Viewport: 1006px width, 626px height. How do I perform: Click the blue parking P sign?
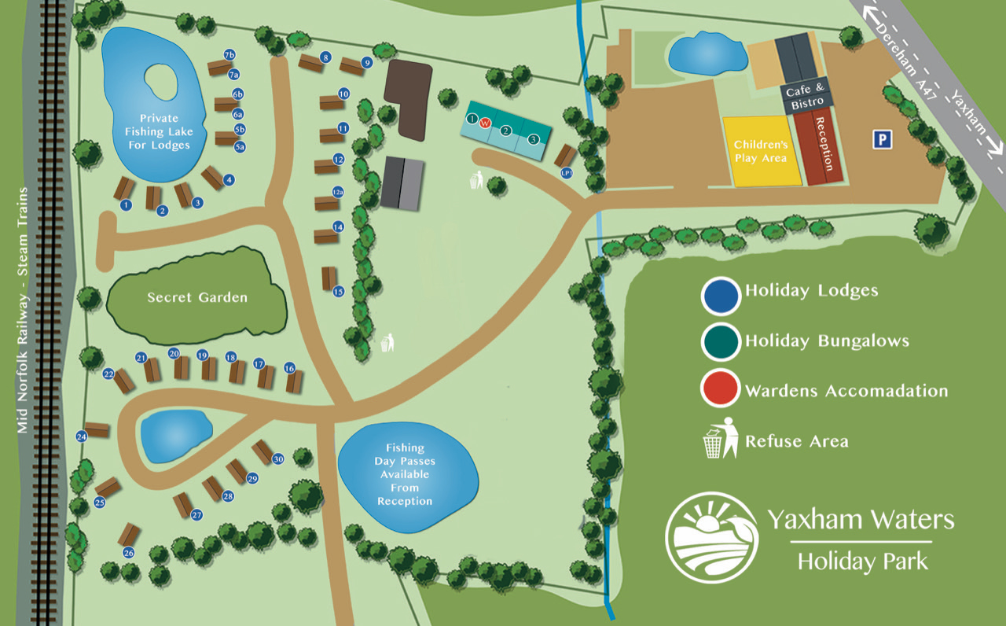883,140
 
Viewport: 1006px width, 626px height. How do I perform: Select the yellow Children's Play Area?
760,151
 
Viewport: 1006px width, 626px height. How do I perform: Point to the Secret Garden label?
197,297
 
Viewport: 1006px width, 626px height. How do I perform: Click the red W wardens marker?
485,123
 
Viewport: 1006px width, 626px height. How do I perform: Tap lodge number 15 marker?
339,292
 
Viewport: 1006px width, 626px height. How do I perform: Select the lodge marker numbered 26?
129,553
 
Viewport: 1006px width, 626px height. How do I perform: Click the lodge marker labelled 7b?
229,55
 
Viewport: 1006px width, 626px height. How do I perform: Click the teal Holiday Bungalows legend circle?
721,341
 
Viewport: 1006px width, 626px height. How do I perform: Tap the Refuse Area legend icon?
721,438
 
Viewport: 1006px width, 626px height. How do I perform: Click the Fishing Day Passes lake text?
405,474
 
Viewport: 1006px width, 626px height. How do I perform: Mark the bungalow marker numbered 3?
534,139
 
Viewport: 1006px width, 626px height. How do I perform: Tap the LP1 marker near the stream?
566,173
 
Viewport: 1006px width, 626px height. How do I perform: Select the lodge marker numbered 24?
82,436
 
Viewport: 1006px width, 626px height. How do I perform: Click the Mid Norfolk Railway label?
23,310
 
